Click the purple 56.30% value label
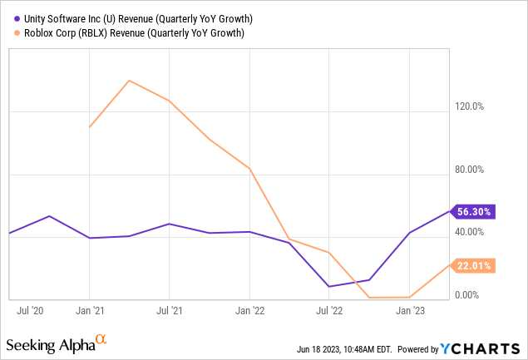(x=474, y=211)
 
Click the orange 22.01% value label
(x=474, y=265)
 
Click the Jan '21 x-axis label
(x=89, y=311)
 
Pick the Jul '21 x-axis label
(x=169, y=311)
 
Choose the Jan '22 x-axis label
(x=249, y=311)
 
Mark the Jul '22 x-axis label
(x=329, y=311)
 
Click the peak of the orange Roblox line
(x=129, y=81)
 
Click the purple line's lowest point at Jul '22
(x=330, y=287)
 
